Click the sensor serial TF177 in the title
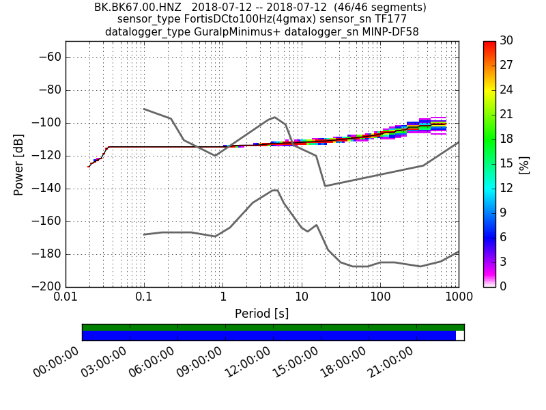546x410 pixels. [x=391, y=19]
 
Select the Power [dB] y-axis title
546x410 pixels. [x=19, y=164]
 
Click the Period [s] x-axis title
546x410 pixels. [x=261, y=314]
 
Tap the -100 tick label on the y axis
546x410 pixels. [x=48, y=123]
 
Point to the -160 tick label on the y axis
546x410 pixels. [x=48, y=221]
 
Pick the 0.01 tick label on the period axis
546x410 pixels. [x=66, y=298]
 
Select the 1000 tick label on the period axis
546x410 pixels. [x=458, y=298]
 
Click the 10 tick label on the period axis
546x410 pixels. [x=301, y=298]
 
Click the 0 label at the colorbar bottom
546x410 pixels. [x=504, y=286]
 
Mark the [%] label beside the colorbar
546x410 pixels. [x=524, y=164]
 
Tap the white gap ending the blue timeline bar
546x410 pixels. [x=459, y=336]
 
